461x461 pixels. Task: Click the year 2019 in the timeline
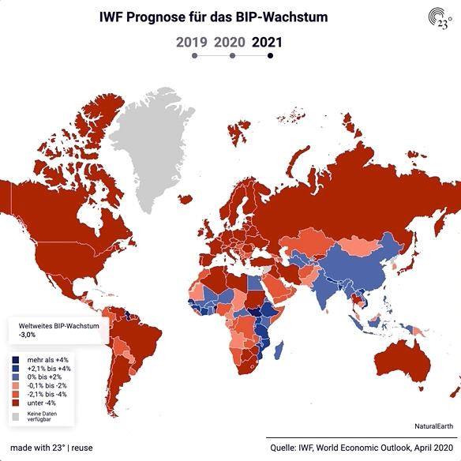point(192,43)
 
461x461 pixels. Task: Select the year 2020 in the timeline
point(230,43)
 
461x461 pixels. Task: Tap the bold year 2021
point(267,43)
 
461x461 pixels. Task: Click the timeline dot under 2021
point(270,55)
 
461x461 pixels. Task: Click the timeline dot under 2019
point(194,55)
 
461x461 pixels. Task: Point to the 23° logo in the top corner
point(440,18)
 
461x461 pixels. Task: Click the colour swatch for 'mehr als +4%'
point(16,360)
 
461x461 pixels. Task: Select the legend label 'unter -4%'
point(42,403)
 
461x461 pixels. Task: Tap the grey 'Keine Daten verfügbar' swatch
point(16,417)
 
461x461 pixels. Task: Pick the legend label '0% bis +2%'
point(44,377)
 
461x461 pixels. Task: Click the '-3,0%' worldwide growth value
point(27,335)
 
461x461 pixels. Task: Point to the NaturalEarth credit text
point(433,426)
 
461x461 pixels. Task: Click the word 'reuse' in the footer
point(82,448)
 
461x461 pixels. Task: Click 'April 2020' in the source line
point(433,448)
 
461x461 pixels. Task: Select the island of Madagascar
point(279,350)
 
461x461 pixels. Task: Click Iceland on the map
point(186,200)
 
